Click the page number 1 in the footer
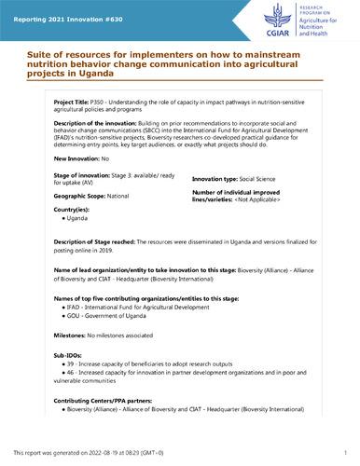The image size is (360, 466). click(x=346, y=451)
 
